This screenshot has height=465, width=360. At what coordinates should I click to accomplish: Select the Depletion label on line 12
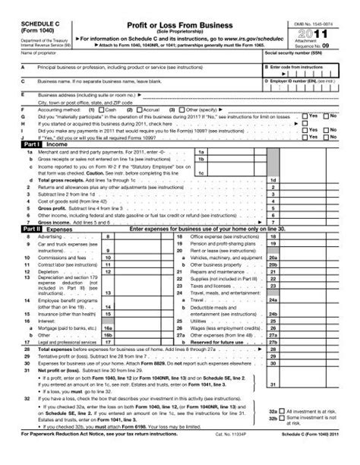tap(36, 291)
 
